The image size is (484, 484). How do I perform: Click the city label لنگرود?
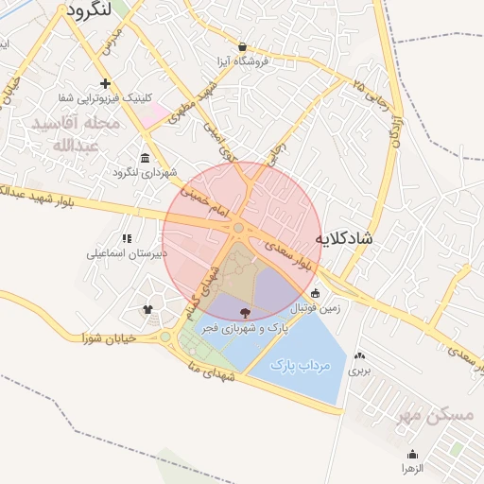coord(98,11)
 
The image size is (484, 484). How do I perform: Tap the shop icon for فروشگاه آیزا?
coord(243,46)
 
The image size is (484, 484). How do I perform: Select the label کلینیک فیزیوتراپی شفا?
coord(99,98)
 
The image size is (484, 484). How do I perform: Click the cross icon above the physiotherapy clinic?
coord(105,84)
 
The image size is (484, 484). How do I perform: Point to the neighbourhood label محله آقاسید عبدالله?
coord(76,134)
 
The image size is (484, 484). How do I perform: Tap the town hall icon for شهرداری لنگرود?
coord(145,158)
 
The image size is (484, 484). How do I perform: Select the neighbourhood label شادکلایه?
coord(344,238)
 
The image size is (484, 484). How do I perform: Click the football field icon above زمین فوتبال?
coord(315,293)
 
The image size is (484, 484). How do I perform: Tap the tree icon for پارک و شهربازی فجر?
coord(246,313)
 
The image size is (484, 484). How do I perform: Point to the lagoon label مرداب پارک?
coord(297,363)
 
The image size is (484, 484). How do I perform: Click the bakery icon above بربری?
coord(359,355)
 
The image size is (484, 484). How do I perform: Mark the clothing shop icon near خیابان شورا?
coord(147,309)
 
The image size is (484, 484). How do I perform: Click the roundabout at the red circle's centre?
coord(239,228)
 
